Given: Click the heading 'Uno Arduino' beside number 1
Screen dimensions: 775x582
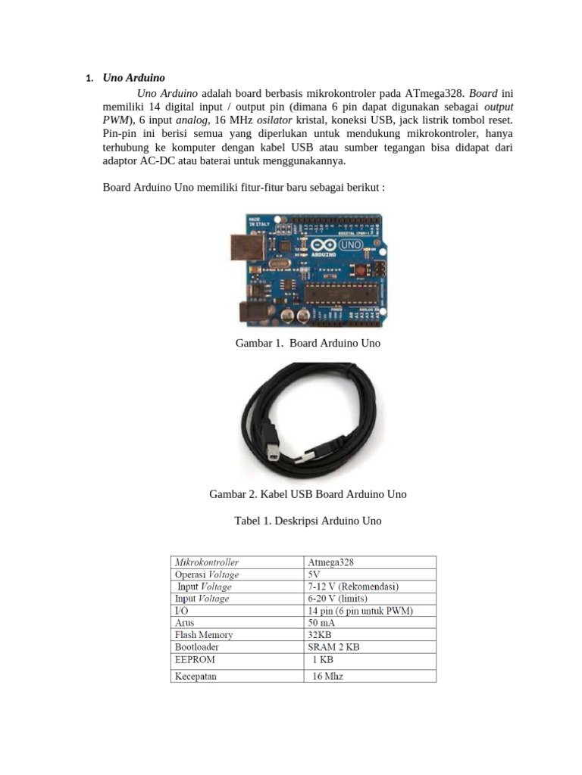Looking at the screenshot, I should pos(133,78).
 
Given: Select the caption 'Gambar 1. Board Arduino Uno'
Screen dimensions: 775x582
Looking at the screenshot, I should pos(308,343).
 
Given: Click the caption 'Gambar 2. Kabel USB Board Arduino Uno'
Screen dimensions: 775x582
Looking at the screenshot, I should pos(308,494).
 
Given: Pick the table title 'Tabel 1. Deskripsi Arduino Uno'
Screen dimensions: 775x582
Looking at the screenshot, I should pos(308,521).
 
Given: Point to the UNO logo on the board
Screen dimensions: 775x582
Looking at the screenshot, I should pos(349,245).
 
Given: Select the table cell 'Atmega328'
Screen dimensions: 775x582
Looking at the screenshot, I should pos(330,562).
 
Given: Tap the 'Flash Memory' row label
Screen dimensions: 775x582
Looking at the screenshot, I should pos(204,635).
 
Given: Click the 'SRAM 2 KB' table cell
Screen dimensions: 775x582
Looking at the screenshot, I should pos(333,647).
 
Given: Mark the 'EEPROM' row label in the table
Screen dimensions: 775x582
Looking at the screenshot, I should pos(195,659).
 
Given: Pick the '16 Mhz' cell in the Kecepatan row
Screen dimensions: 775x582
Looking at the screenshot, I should pos(328,676).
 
